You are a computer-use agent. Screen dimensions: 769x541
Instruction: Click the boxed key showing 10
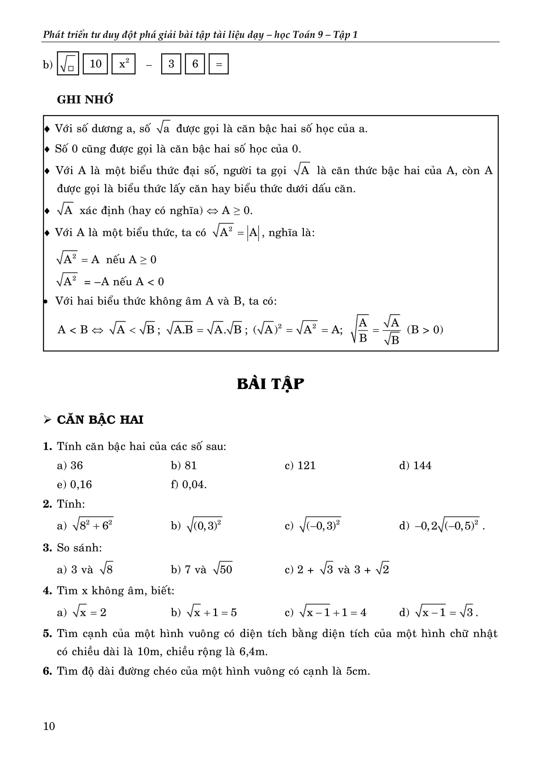coord(95,64)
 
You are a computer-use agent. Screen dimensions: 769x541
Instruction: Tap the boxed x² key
coord(124,64)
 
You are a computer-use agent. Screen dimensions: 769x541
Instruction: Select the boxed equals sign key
coord(219,64)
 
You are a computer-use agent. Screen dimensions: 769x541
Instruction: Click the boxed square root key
coord(68,64)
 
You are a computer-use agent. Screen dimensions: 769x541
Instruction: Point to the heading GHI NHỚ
coord(85,99)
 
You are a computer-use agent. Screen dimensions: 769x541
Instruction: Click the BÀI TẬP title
coord(270,384)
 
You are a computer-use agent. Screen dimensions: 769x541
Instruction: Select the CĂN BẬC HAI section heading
coord(100,419)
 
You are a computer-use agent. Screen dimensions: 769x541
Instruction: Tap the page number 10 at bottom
coord(49,726)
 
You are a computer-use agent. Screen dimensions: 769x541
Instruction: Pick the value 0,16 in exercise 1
coord(81,484)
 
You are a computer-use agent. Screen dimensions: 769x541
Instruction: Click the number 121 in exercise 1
coord(306,465)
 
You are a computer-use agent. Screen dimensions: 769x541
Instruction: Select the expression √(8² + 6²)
coord(93,525)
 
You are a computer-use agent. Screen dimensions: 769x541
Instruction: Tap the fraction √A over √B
coord(392,330)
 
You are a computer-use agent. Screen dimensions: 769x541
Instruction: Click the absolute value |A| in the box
coord(253,233)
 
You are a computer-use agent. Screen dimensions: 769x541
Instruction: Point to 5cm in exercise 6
coord(357,671)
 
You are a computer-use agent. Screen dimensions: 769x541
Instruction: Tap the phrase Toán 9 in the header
coord(307,35)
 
